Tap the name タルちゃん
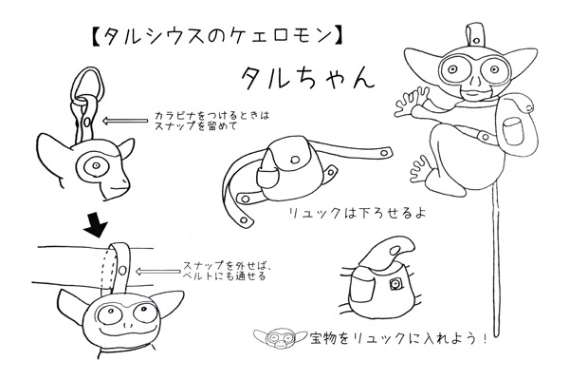pos(307,78)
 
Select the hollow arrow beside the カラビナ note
pos(125,121)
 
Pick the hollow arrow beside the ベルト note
pos(157,272)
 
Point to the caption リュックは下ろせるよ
pos(357,213)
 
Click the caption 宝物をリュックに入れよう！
pos(397,339)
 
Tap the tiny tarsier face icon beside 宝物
pos(281,338)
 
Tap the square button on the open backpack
pos(395,284)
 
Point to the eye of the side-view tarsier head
pos(96,166)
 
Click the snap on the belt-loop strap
pos(122,270)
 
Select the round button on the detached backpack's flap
pos(295,160)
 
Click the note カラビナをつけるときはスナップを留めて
pos(211,121)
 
